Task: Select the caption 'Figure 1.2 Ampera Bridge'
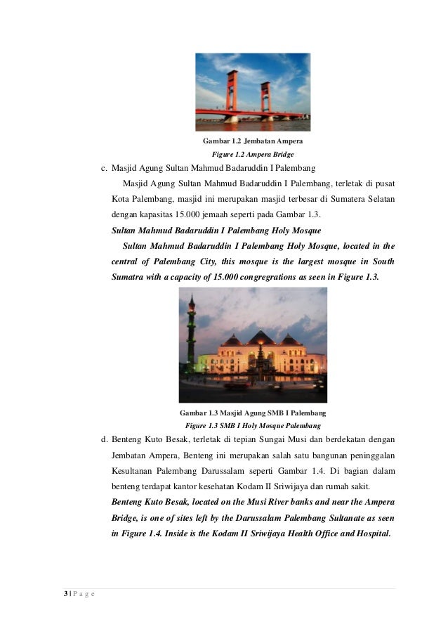click(x=253, y=154)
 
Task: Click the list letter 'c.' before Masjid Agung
click(x=104, y=169)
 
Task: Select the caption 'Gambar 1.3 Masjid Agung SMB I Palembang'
click(x=253, y=413)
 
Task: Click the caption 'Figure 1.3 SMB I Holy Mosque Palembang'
click(x=253, y=425)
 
